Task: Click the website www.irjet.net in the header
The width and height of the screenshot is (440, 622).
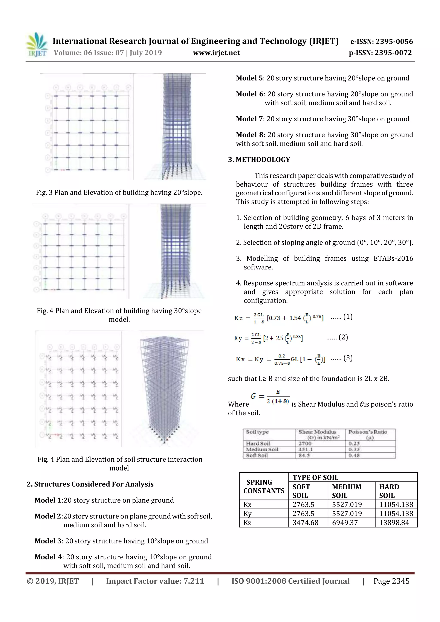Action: (x=216, y=53)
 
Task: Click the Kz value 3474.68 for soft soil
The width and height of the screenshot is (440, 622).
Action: (x=305, y=523)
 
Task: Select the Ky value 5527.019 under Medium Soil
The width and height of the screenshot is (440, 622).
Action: (x=347, y=513)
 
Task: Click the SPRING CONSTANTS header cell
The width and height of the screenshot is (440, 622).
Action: (x=264, y=486)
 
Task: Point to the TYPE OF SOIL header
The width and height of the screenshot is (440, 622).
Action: (x=315, y=477)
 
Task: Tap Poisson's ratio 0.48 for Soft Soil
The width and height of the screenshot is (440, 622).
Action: (x=354, y=455)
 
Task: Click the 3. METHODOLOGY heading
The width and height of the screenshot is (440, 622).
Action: (x=259, y=160)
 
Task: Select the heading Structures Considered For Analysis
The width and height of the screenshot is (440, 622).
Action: (x=90, y=484)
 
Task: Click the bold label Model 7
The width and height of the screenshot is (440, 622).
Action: (x=249, y=119)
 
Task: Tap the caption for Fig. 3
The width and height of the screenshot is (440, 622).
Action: (x=119, y=193)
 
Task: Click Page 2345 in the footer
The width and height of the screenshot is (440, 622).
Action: (x=391, y=581)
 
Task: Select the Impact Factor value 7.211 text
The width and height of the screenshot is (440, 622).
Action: (x=155, y=581)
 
